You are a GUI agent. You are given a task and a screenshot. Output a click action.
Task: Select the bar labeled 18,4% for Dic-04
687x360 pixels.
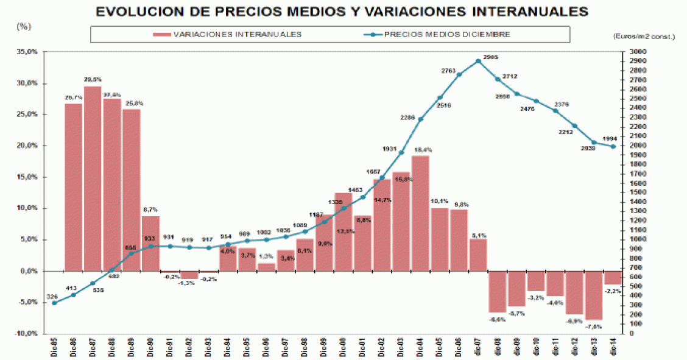(420, 213)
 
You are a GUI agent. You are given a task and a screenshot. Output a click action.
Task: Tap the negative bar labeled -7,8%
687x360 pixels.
(594, 295)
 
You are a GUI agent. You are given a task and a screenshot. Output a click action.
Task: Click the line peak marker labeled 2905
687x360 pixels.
(478, 61)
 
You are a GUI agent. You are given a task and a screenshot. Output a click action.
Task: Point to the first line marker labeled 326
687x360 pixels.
(54, 303)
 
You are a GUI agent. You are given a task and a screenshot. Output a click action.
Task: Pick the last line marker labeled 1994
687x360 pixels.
(613, 146)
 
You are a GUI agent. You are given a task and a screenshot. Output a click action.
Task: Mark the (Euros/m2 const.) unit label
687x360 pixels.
(644, 37)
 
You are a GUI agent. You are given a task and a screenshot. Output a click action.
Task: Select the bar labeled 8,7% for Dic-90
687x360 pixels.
(151, 244)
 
